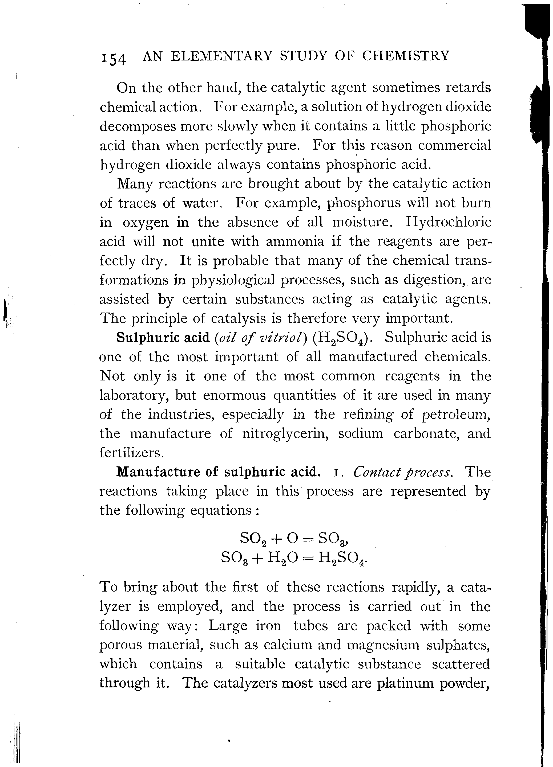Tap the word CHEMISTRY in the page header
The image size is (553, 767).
[x=405, y=56]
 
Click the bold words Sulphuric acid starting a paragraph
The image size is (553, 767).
[x=163, y=338]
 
